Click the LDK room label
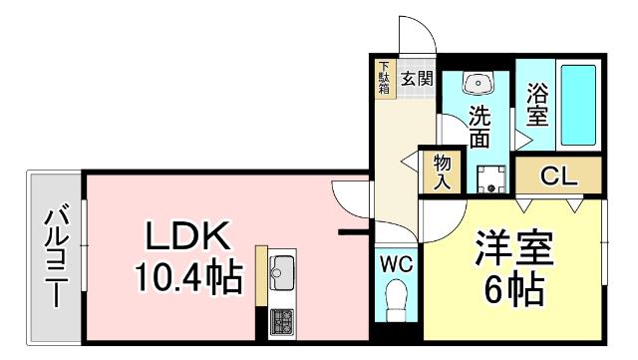[x=189, y=236]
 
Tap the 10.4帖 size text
[x=188, y=276]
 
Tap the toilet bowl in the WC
[x=397, y=298]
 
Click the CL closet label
[x=559, y=177]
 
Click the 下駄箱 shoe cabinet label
[x=385, y=79]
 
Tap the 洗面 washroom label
[x=479, y=127]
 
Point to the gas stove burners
[x=281, y=321]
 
